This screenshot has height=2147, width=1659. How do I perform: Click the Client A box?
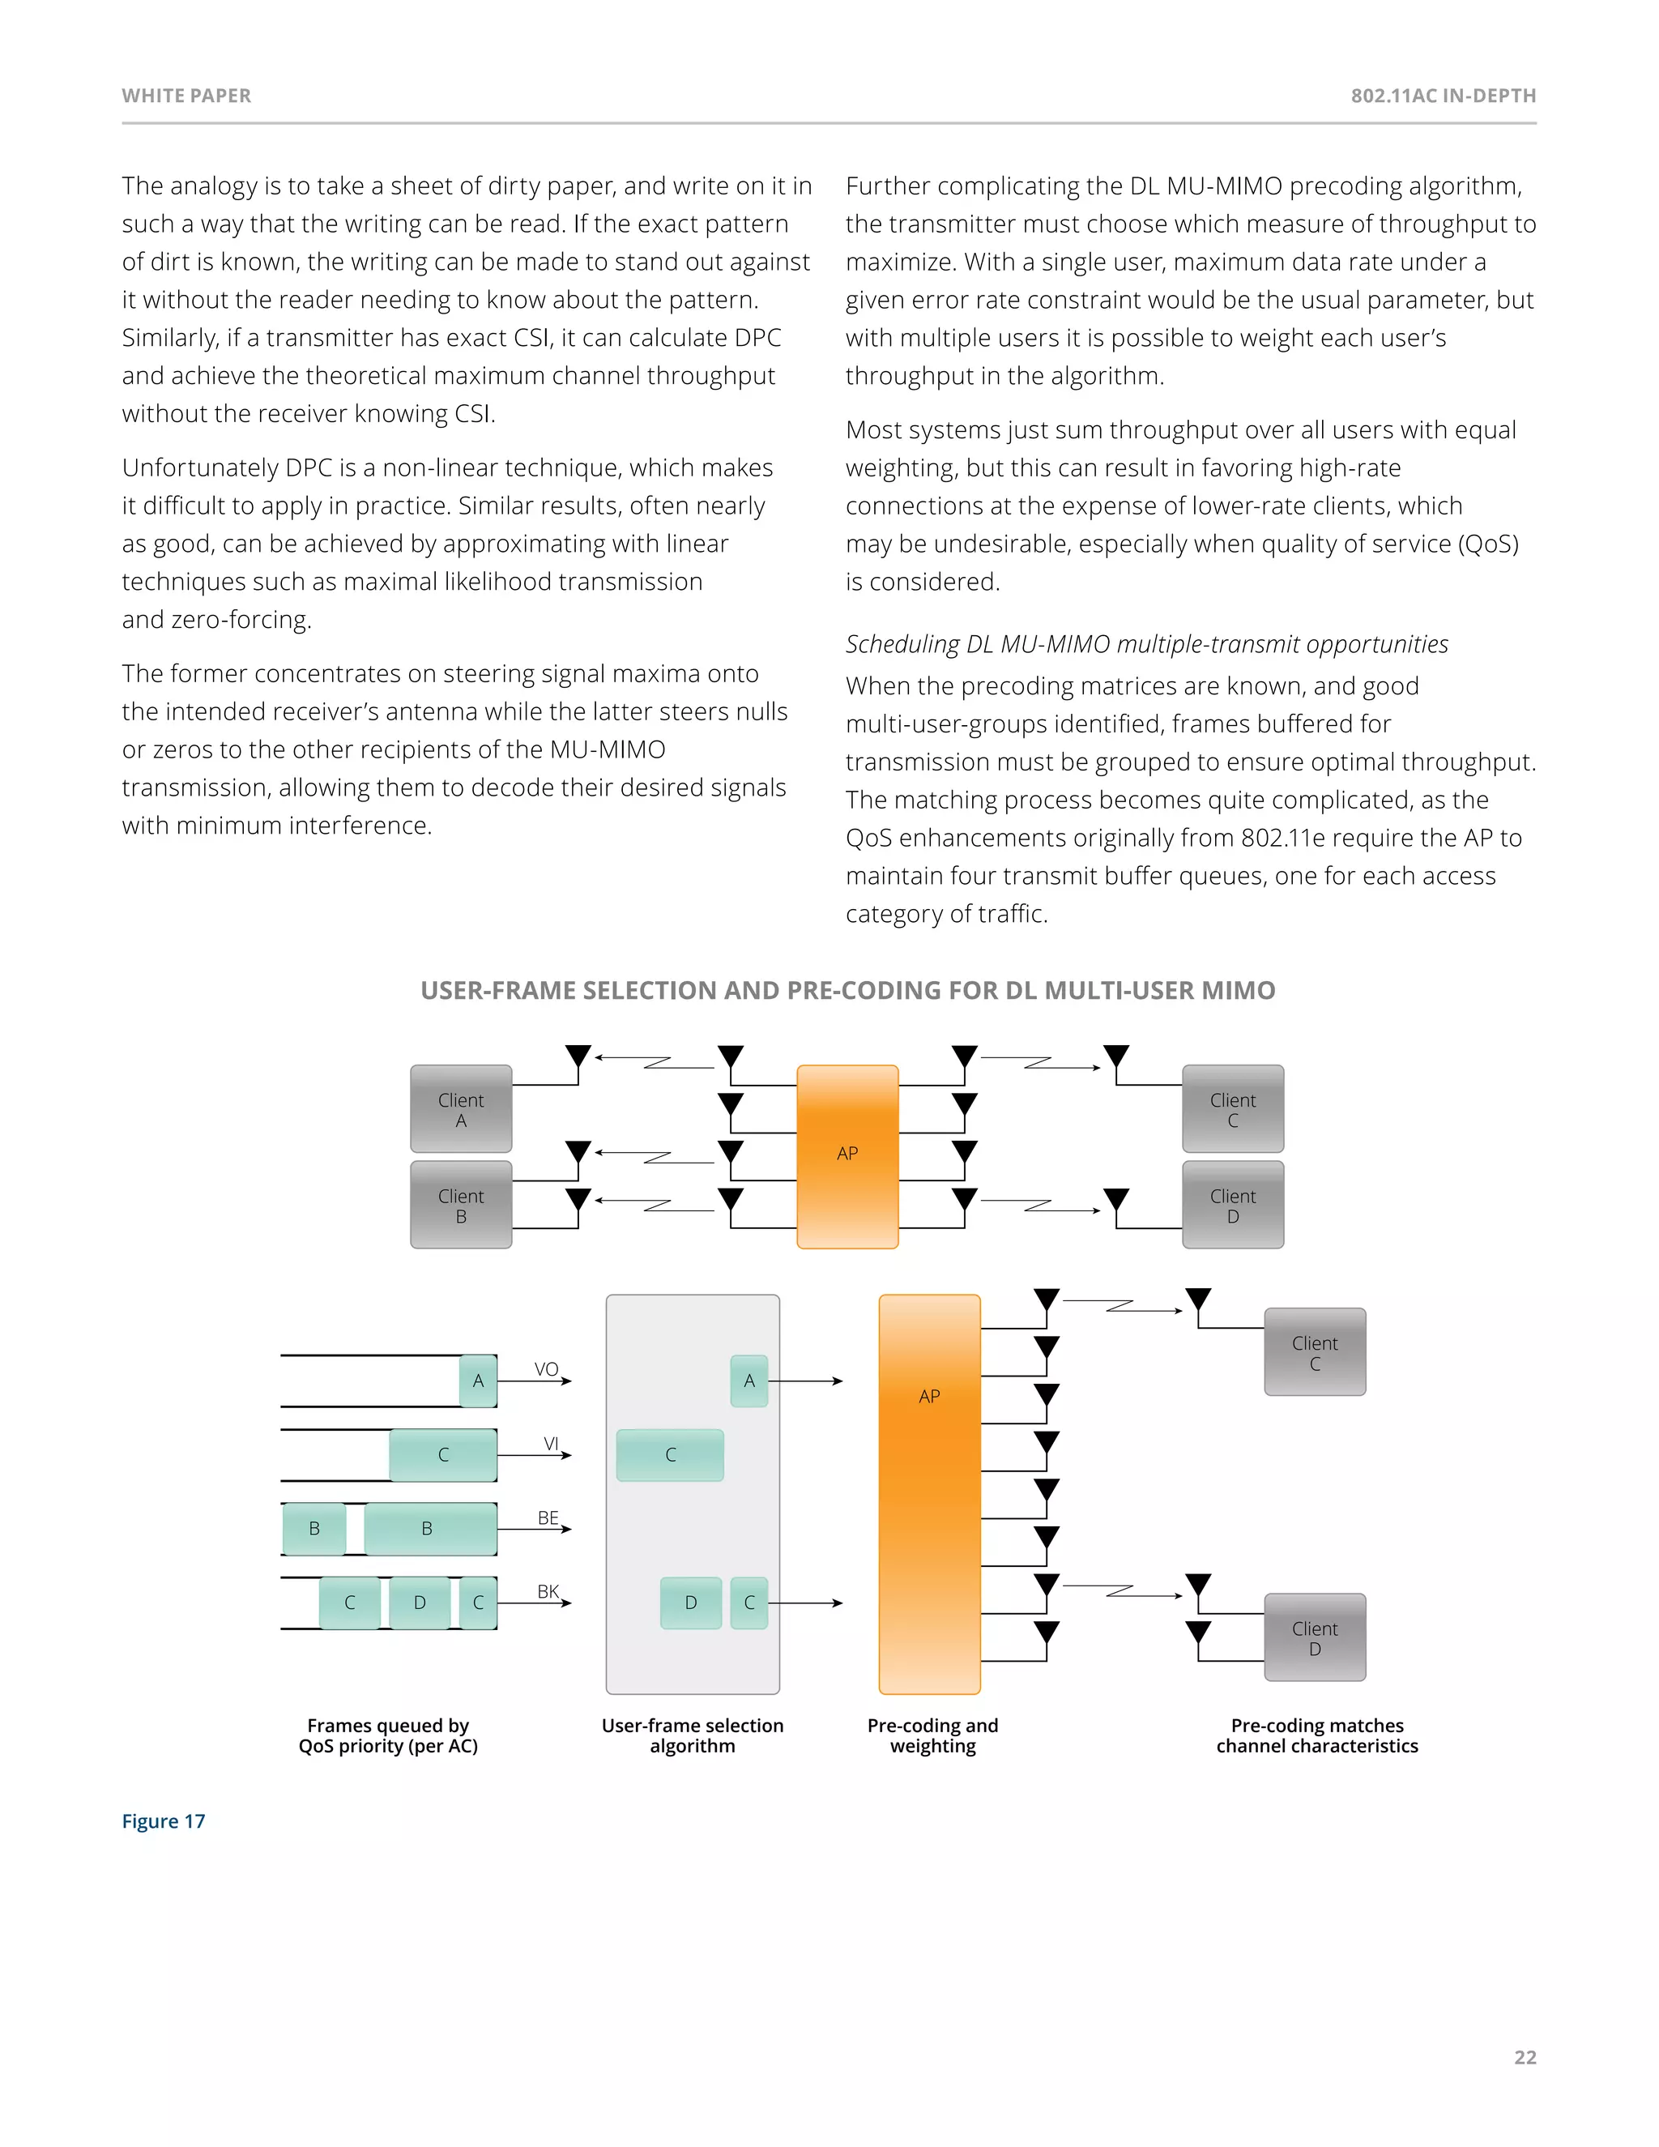(x=461, y=1109)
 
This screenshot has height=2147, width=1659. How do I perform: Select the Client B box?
(x=461, y=1206)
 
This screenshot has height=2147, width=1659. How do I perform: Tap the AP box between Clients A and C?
(x=847, y=1155)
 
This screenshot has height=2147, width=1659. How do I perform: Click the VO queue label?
(x=547, y=1369)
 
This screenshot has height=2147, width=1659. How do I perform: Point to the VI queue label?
(x=552, y=1443)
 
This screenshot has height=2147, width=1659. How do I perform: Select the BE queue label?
(x=548, y=1517)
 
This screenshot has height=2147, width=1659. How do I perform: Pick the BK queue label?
(x=548, y=1591)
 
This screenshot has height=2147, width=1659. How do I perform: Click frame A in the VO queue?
(x=479, y=1381)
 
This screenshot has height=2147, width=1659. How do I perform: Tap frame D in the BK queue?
(x=420, y=1603)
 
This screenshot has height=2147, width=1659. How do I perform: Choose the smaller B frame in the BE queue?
(x=314, y=1529)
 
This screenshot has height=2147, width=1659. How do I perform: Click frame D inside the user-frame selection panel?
(x=691, y=1603)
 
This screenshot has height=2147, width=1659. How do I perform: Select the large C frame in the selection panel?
(x=670, y=1455)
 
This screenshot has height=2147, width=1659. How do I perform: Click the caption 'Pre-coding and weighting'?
(x=932, y=1736)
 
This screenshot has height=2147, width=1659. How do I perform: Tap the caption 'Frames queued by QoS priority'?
(x=388, y=1736)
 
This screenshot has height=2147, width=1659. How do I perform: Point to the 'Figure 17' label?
(x=163, y=1821)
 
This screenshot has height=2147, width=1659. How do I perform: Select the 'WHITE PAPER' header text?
(x=187, y=96)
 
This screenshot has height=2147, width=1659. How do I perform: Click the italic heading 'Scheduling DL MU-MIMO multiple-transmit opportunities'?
(x=1147, y=645)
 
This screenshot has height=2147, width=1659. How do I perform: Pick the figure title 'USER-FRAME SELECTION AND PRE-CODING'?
(x=847, y=991)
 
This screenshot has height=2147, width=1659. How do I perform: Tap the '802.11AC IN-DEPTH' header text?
(x=1443, y=96)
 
